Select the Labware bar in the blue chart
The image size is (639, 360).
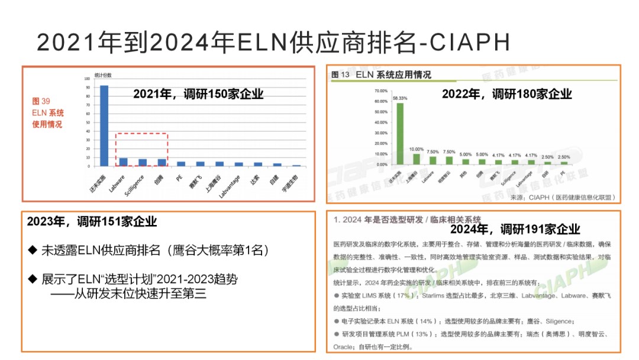click(123, 162)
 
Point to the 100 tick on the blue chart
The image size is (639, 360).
click(88, 79)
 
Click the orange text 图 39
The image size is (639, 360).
click(41, 101)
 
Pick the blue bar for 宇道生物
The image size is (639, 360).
click(296, 165)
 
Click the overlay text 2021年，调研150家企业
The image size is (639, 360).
click(198, 94)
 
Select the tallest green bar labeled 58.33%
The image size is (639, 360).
click(400, 133)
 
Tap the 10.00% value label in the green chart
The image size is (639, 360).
click(417, 149)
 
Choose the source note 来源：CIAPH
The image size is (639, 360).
click(562, 197)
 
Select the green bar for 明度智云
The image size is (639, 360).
click(449, 160)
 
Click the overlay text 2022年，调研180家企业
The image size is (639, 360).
click(507, 94)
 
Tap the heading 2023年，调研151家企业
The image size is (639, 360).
click(92, 222)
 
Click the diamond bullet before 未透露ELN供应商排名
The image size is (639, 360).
click(33, 250)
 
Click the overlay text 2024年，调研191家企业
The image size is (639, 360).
click(515, 229)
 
